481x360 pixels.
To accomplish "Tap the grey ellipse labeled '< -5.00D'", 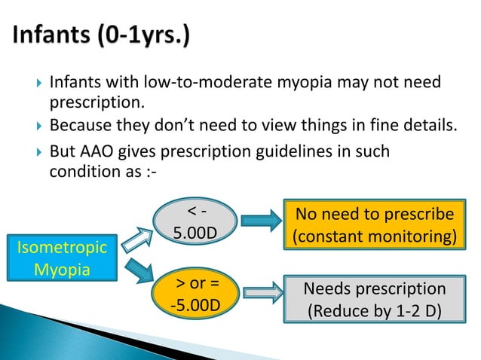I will [193, 223].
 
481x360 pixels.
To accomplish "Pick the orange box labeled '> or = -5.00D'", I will [193, 296].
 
